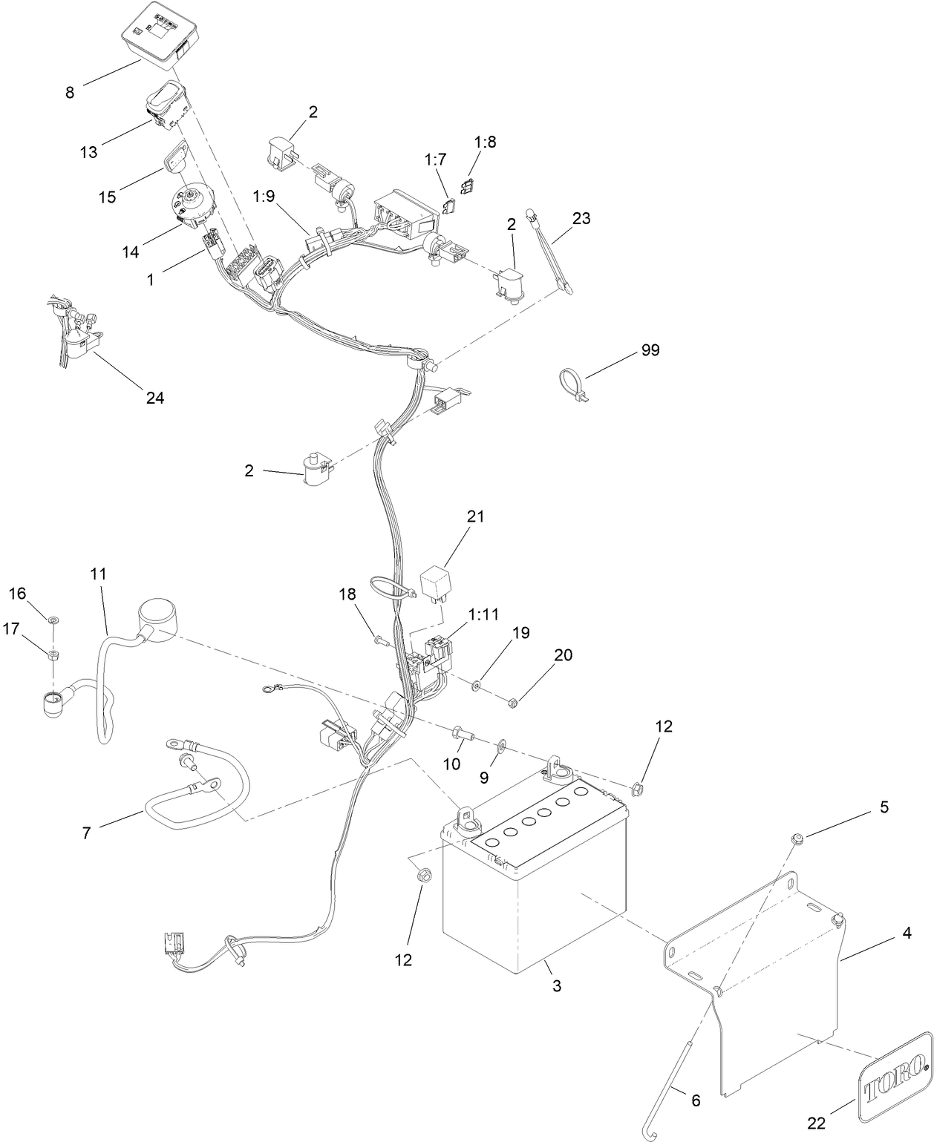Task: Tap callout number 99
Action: [x=650, y=350]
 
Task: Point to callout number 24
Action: [x=154, y=398]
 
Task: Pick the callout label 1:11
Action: [x=484, y=614]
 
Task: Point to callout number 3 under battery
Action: [x=556, y=986]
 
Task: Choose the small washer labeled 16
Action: [x=53, y=620]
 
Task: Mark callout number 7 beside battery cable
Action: [x=87, y=833]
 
